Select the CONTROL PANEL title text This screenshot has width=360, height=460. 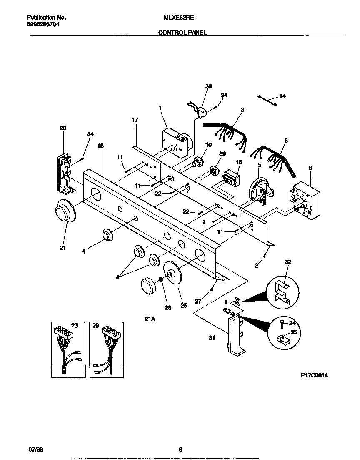tap(182, 32)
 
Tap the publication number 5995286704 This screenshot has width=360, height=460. tap(43, 25)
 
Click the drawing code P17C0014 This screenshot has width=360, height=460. tap(315, 375)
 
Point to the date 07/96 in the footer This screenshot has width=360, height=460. tap(35, 449)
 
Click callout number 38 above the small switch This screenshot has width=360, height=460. tap(209, 86)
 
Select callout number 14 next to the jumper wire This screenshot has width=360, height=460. tap(282, 96)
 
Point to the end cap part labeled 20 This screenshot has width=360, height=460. tap(64, 173)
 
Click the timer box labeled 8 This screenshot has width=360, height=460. tap(305, 200)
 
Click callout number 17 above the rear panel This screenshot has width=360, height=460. tap(135, 120)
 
